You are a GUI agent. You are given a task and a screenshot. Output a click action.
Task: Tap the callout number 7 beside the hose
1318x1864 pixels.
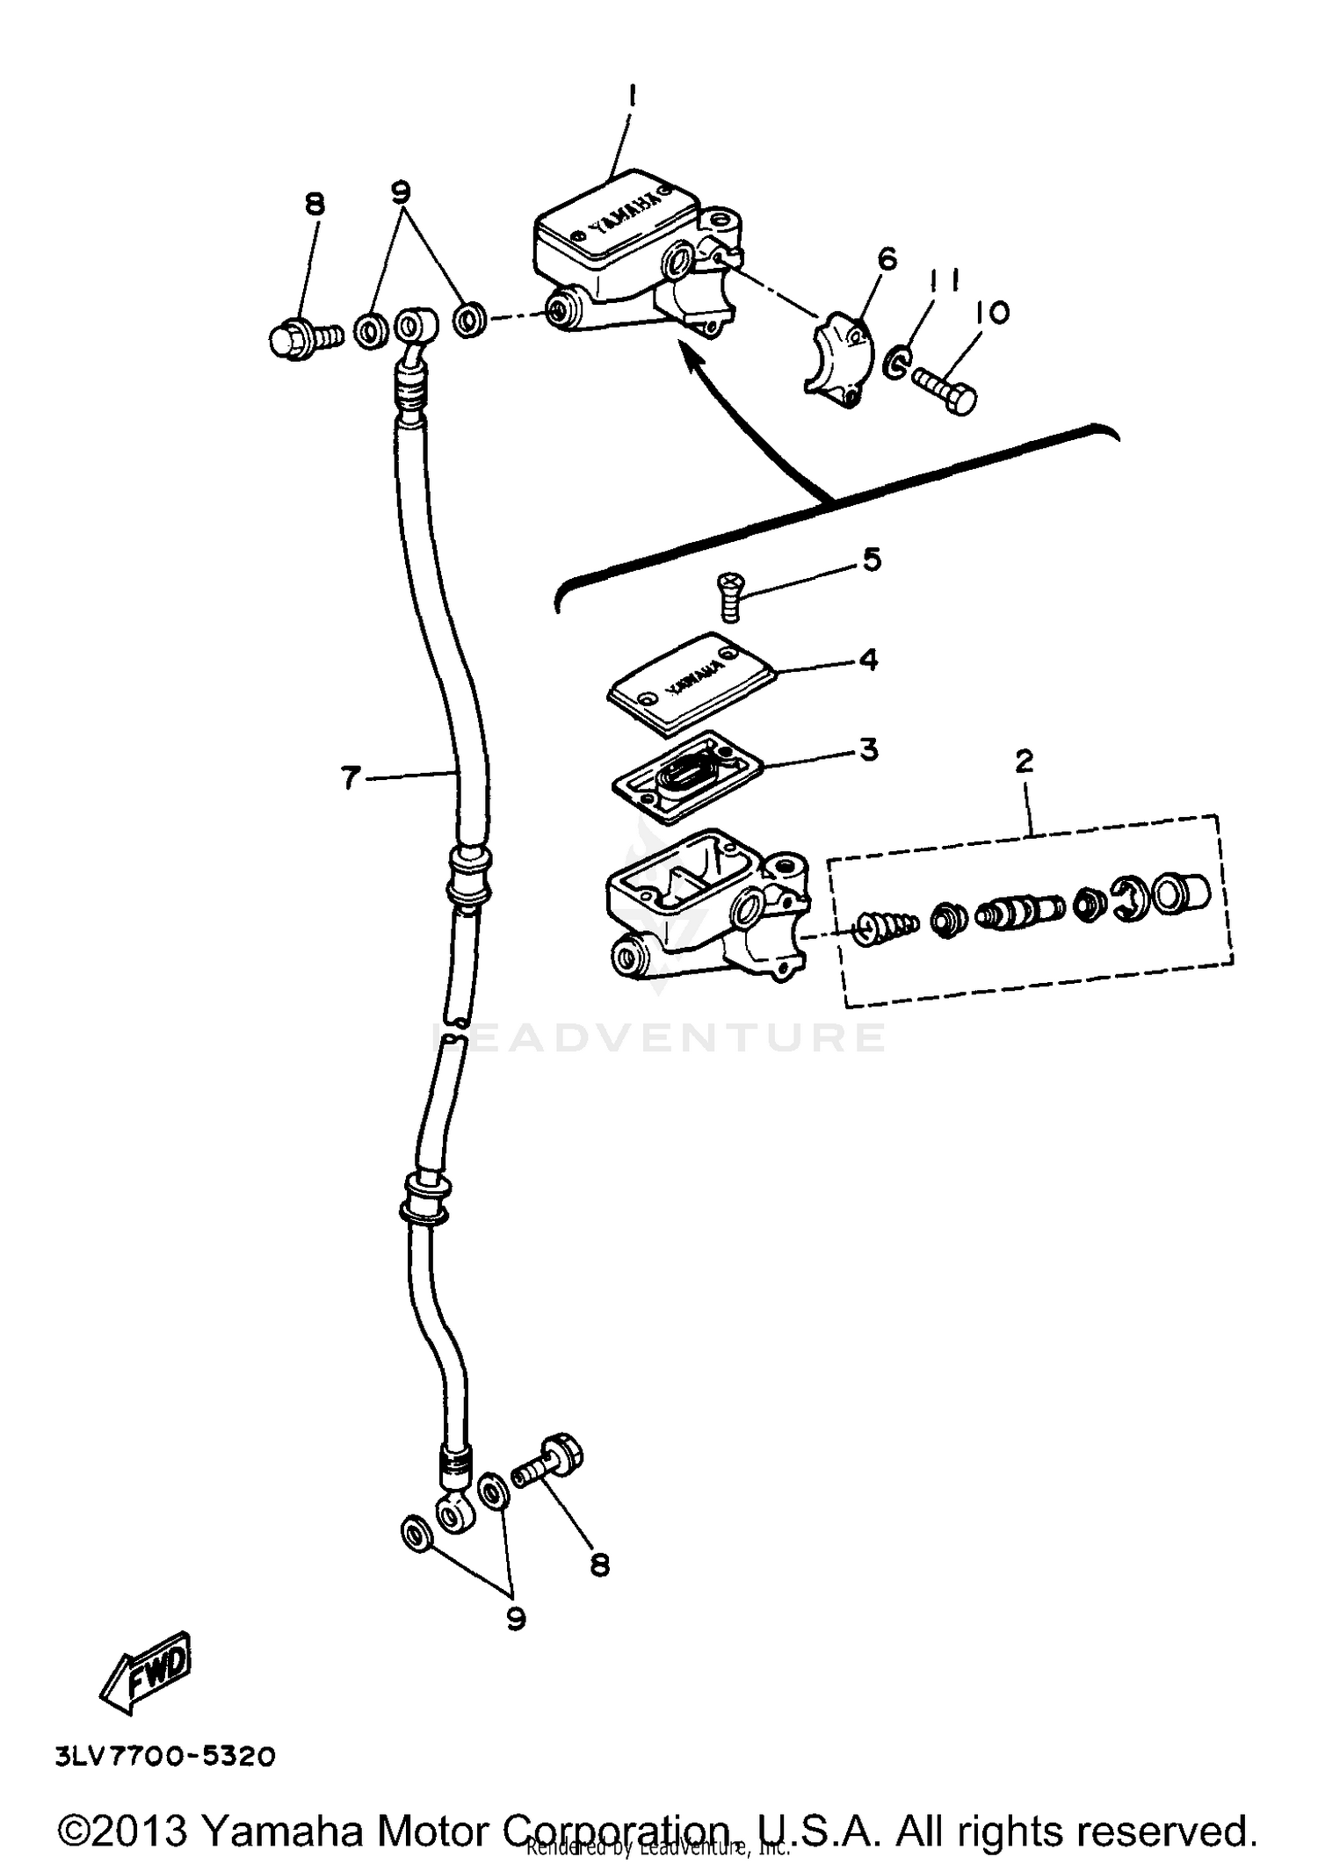point(351,777)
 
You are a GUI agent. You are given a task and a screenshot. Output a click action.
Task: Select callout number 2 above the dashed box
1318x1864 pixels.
point(1024,762)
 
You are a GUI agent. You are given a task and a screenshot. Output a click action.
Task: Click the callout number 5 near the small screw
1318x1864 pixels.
point(871,560)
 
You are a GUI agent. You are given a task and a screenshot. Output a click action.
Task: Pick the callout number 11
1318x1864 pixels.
point(942,280)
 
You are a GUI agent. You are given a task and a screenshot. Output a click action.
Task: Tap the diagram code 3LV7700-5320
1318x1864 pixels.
point(165,1756)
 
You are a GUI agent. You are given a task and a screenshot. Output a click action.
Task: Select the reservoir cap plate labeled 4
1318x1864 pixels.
point(691,683)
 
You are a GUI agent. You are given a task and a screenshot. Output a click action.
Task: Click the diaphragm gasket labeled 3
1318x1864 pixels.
point(685,776)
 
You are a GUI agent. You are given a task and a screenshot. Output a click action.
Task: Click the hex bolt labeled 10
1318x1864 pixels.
point(945,391)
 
